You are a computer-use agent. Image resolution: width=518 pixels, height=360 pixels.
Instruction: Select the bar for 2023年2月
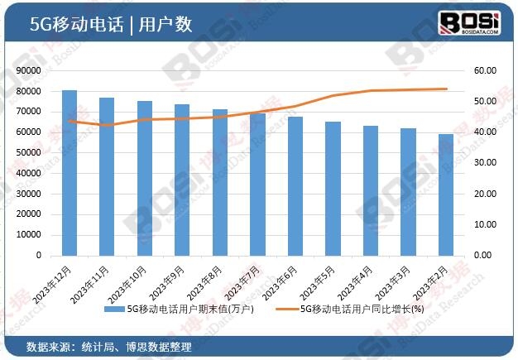445,194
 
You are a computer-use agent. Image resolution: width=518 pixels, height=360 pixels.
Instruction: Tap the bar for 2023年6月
295,185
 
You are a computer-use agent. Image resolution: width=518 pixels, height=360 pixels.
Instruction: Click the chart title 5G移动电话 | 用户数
111,25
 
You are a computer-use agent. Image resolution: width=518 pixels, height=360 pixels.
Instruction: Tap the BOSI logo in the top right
469,23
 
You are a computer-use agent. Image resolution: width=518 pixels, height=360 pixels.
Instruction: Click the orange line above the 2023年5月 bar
333,96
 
